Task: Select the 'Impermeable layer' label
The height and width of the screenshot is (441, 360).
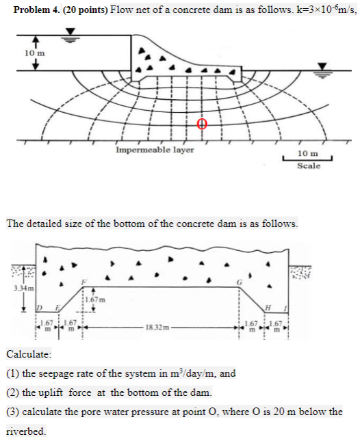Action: coord(155,149)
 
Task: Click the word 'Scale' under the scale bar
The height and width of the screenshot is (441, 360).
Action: coord(309,166)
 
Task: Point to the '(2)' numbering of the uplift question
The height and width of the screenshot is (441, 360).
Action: coord(14,392)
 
